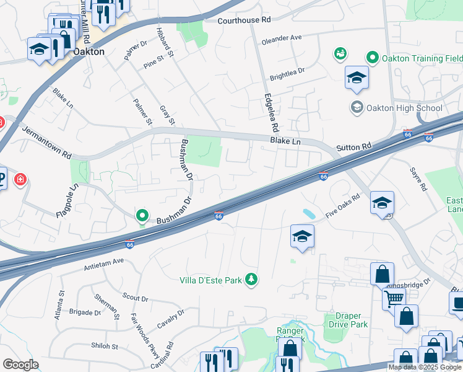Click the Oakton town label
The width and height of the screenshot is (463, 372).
89,52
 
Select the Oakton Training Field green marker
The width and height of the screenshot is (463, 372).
372,58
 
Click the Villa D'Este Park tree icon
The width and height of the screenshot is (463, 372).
251,280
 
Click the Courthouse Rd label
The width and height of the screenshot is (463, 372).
244,20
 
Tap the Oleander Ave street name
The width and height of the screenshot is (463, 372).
282,38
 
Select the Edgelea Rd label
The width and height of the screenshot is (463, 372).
271,112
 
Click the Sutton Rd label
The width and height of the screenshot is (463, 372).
353,148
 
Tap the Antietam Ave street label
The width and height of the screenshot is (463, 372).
104,265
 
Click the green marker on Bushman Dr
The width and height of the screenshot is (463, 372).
142,216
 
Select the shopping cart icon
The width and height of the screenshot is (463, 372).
394,298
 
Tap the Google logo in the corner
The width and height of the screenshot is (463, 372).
20,365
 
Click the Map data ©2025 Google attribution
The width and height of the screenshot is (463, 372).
424,367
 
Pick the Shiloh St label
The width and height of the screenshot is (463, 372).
105,346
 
